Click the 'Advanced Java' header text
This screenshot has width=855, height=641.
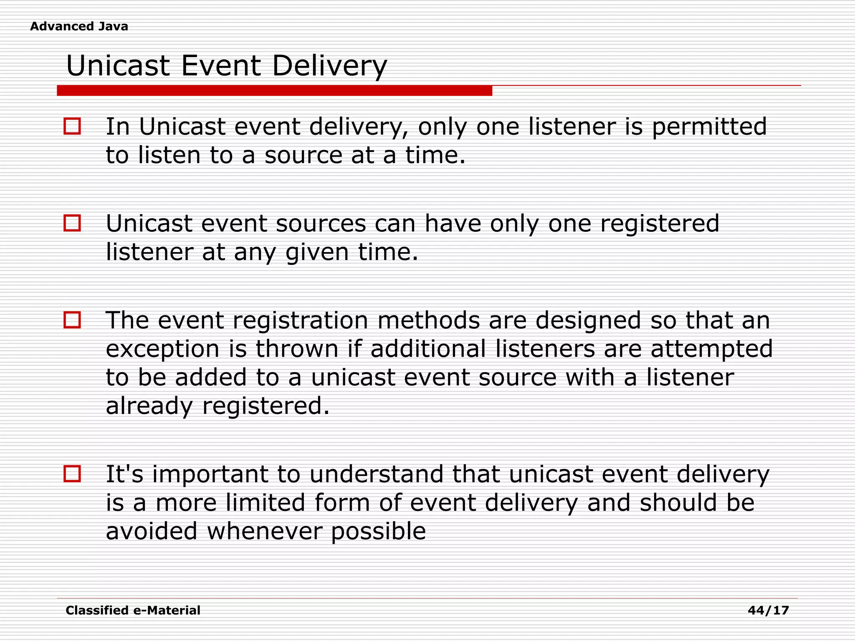79,26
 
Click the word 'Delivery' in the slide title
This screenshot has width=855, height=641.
329,66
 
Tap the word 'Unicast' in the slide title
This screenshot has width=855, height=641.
118,66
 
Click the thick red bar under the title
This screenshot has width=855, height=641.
274,91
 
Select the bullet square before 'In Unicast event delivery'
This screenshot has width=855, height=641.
72,126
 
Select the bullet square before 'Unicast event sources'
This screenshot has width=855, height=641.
72,223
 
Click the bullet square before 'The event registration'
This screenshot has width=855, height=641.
72,320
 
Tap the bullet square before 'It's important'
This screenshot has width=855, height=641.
72,474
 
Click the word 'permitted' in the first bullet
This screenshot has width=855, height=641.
709,127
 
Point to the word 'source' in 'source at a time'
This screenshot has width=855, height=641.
304,155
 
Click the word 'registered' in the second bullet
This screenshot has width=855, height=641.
660,224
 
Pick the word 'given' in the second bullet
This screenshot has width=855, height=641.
317,253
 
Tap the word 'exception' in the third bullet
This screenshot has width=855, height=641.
162,350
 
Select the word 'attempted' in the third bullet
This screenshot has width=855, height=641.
711,349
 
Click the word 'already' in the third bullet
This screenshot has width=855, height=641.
149,406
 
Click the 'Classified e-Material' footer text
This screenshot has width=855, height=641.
133,611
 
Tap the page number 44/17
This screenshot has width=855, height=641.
768,611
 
